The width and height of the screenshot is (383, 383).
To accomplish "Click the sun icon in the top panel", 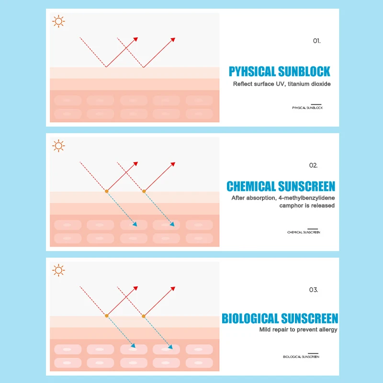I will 58,22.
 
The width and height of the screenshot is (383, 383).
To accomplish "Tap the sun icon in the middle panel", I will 58,146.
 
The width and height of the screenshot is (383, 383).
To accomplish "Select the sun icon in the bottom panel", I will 58,270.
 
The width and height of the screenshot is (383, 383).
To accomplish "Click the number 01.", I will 316,41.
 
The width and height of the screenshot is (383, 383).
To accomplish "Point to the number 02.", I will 313,166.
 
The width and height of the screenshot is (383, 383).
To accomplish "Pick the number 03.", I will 313,290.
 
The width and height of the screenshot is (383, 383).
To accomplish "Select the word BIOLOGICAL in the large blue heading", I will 250,318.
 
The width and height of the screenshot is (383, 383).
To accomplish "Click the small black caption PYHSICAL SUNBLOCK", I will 307,108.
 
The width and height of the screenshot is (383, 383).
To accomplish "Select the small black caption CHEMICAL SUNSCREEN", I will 304,232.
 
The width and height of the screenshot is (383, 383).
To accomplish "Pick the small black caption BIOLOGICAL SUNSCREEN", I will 301,357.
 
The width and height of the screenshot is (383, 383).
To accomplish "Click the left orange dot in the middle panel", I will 106,191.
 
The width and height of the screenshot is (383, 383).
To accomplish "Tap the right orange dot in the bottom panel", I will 143,316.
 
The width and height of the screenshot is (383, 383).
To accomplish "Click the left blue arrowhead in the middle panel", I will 135,224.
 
